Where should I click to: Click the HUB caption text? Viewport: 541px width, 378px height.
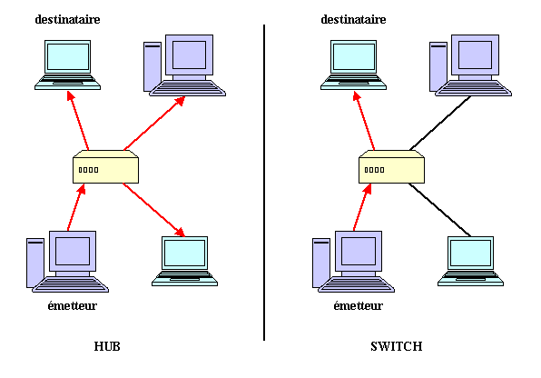pos(107,346)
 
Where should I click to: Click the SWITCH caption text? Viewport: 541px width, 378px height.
pos(396,346)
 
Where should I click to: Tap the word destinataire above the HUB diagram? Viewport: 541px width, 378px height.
pos(67,19)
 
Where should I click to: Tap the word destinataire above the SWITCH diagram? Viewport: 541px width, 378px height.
pos(353,19)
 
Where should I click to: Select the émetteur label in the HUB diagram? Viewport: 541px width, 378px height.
pos(72,306)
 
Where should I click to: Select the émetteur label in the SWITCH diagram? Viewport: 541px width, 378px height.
pos(359,306)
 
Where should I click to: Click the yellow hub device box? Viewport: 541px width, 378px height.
pos(105,166)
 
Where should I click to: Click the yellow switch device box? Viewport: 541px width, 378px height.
pos(391,166)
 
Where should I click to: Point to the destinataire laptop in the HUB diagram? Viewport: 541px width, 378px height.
pos(67,65)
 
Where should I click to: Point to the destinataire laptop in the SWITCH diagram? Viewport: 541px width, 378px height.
pos(353,65)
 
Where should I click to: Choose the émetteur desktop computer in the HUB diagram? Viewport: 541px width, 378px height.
pos(67,262)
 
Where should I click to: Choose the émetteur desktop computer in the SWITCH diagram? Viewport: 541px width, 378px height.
pos(353,262)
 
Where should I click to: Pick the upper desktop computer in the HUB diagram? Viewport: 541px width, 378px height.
pos(184,65)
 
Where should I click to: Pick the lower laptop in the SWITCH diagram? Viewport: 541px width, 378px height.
pos(470,261)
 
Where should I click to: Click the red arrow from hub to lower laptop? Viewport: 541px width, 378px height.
pos(154,210)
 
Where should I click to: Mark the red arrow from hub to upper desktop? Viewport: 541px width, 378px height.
pos(154,124)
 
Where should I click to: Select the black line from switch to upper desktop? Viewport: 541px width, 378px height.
pos(440,124)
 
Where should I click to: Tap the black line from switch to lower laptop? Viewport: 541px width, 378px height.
pos(440,210)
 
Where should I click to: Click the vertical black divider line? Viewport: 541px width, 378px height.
pos(264,183)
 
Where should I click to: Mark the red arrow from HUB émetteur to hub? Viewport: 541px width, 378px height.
pos(76,207)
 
